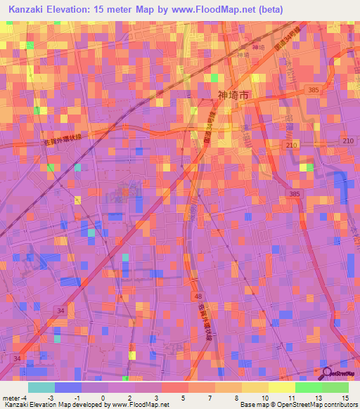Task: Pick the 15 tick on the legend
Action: pyautogui.click(x=345, y=397)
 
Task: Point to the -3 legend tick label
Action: pyautogui.click(x=50, y=397)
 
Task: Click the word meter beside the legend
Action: pyautogui.click(x=12, y=397)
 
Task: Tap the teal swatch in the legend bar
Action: pyautogui.click(x=41, y=387)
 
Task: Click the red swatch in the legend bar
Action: pyautogui.click(x=175, y=387)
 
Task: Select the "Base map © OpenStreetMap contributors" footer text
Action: pyautogui.click(x=298, y=405)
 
